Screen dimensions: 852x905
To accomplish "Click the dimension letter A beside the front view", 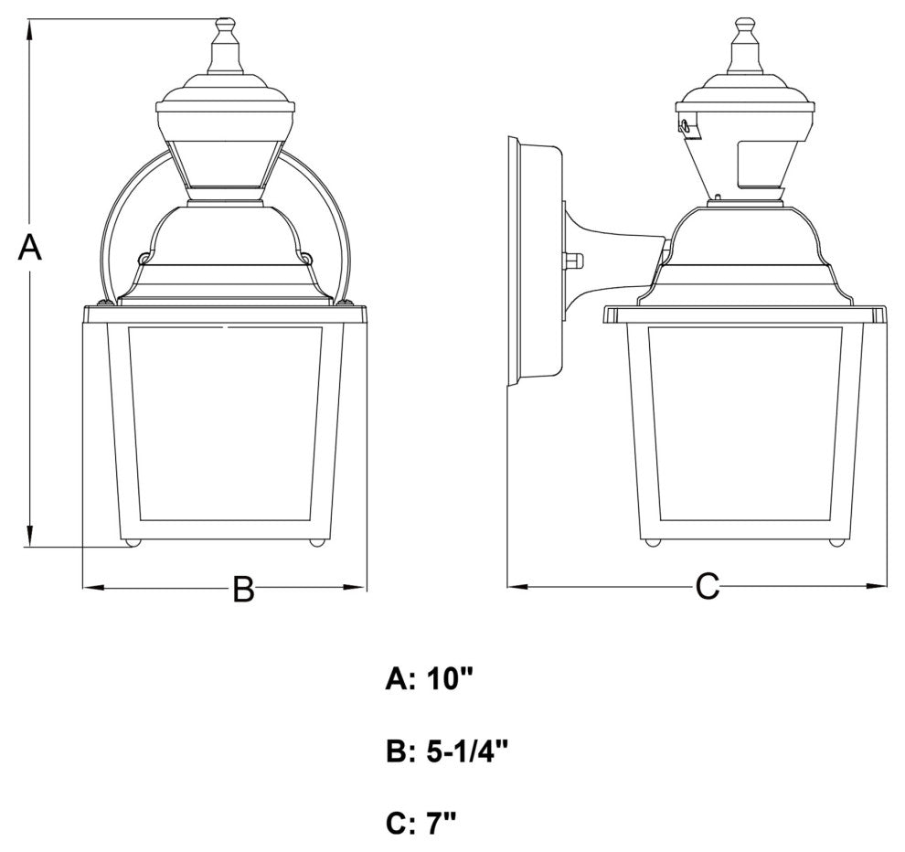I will coord(30,247).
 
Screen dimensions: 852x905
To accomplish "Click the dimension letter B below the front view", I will coord(242,590).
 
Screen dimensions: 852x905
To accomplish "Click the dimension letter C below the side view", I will coord(708,587).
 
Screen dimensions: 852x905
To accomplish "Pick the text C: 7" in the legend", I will coord(421,823).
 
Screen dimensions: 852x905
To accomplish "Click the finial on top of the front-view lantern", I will coord(225,46).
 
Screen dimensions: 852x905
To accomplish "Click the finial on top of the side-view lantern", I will coord(745,46).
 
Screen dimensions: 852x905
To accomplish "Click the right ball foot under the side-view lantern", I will coord(835,543).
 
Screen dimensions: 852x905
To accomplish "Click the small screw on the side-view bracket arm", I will coord(574,261).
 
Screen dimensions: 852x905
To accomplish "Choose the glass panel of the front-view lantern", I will coord(226,422).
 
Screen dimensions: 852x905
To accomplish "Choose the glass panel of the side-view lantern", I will coord(744,422).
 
